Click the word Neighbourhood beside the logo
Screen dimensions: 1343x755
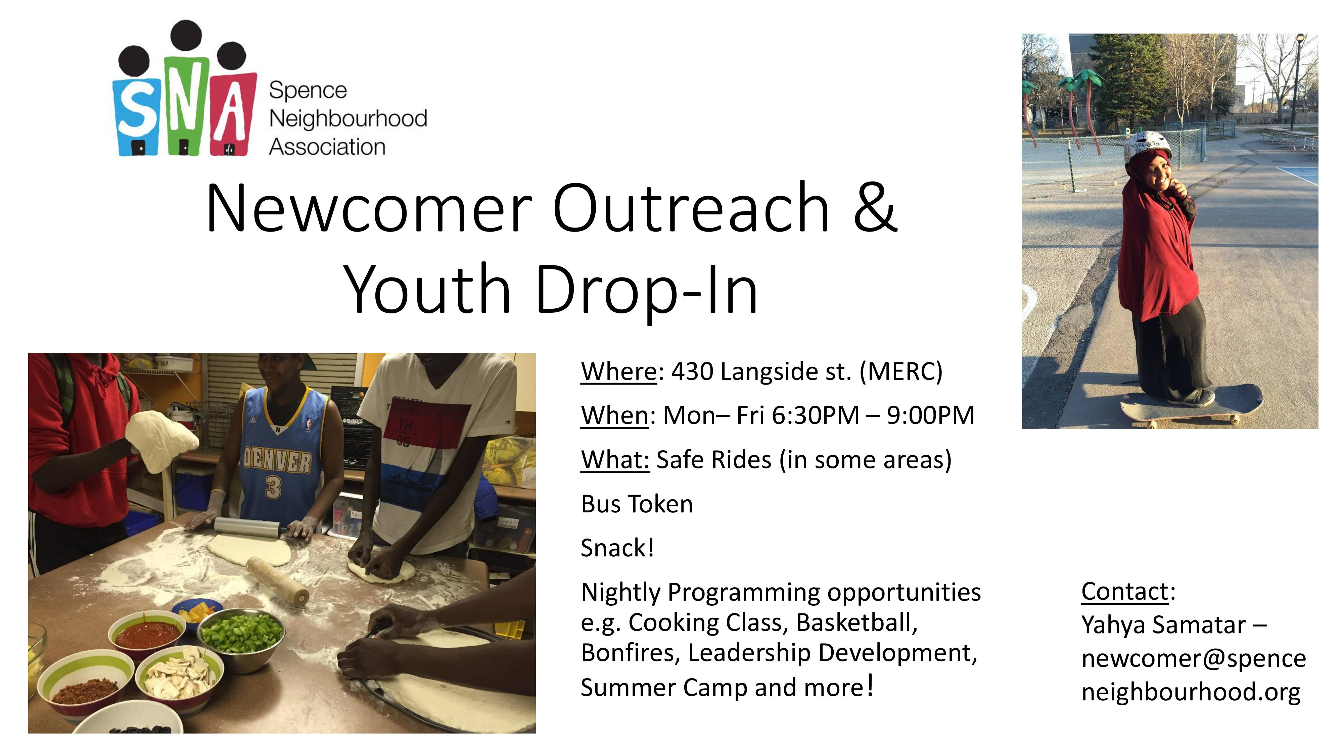coord(348,119)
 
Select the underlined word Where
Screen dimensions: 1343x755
coord(619,371)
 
